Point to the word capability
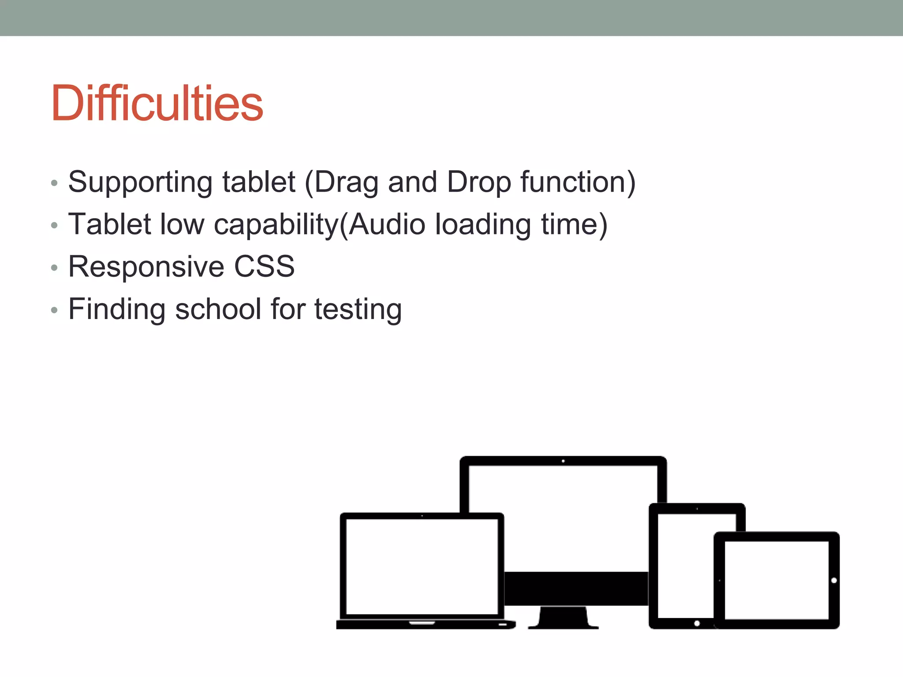coord(276,224)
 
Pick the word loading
coord(483,224)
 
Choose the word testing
coord(358,309)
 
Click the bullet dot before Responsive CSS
coord(54,268)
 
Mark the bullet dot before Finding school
coord(54,310)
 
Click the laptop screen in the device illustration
coord(422,566)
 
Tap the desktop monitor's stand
coord(563,617)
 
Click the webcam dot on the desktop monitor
coord(563,461)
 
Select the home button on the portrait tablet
coord(697,623)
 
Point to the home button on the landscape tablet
coord(834,580)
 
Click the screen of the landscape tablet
coord(776,580)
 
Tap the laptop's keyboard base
coord(425,625)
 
